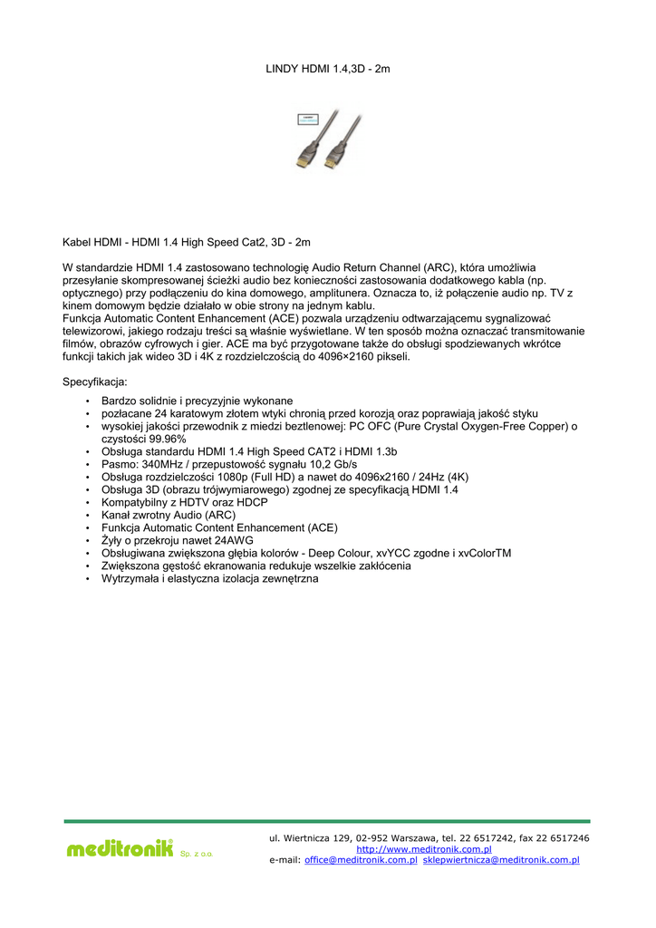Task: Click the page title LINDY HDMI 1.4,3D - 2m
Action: (327, 68)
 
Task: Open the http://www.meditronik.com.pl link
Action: (423, 849)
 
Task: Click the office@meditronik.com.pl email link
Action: (361, 860)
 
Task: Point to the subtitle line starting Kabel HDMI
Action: (186, 243)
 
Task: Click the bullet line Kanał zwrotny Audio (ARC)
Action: (169, 515)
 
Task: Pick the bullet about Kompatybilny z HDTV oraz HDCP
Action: (184, 502)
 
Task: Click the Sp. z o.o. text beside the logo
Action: (197, 855)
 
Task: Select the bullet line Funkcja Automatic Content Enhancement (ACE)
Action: (219, 527)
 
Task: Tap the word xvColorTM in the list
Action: (485, 553)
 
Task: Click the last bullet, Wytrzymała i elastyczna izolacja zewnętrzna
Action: (209, 578)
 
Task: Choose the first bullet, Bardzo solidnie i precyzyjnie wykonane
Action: (197, 401)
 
